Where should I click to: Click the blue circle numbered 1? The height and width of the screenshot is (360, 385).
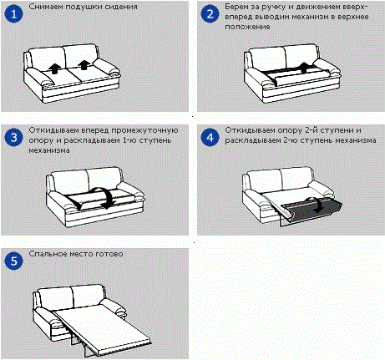(13, 14)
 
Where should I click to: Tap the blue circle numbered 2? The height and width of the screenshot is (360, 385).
(210, 14)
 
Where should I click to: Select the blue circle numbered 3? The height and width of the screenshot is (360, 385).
(13, 138)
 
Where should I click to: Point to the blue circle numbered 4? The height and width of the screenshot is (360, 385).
(210, 138)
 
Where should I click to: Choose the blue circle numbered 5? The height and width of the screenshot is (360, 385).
(13, 261)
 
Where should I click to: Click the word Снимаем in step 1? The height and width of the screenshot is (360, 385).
(46, 7)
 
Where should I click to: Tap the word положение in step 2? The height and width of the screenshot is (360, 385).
(247, 27)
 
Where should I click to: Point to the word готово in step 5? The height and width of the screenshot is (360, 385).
(109, 254)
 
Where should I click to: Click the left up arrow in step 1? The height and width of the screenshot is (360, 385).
(55, 68)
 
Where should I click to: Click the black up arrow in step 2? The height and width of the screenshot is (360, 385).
(304, 68)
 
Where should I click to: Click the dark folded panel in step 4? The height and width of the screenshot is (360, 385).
(312, 211)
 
